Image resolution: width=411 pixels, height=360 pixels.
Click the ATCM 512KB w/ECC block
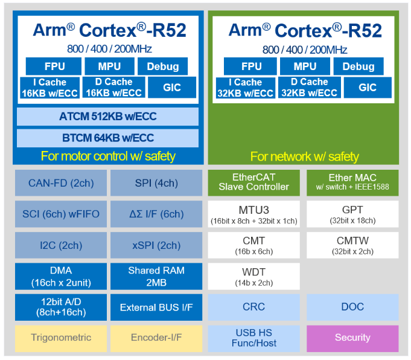pyautogui.click(x=107, y=117)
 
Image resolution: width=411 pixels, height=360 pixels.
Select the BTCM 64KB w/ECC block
pyautogui.click(x=107, y=138)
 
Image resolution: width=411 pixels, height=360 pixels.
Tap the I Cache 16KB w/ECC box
pyautogui.click(x=50, y=88)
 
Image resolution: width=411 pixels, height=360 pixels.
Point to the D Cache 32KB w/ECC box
pyautogui.click(x=309, y=88)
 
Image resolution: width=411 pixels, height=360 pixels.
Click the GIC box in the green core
pyautogui.click(x=368, y=88)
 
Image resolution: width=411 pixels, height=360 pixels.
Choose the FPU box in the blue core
pyautogui.click(x=54, y=66)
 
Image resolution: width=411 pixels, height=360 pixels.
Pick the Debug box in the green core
pyautogui.click(x=358, y=66)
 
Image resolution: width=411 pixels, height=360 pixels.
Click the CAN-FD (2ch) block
pyautogui.click(x=61, y=183)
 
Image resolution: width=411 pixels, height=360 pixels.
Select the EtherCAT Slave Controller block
pyautogui.click(x=253, y=183)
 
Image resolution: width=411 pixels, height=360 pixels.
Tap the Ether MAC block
pyautogui.click(x=352, y=183)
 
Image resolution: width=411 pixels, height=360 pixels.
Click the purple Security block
pyautogui.click(x=352, y=338)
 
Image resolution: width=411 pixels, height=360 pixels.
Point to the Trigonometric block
pyautogui.click(x=61, y=338)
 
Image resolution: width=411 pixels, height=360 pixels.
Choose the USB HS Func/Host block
pyautogui.click(x=253, y=338)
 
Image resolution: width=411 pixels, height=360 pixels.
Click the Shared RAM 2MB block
pyautogui.click(x=156, y=276)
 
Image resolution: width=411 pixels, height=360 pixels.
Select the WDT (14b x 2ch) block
pyautogui.click(x=253, y=276)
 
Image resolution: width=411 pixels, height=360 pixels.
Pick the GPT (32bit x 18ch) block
pyautogui.click(x=352, y=214)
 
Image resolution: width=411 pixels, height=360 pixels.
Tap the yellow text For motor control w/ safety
pyautogui.click(x=108, y=156)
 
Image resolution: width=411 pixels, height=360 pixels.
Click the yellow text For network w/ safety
pyautogui.click(x=304, y=156)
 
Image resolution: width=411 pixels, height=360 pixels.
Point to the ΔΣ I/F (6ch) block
pyautogui.click(x=156, y=214)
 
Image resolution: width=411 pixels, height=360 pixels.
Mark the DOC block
pyautogui.click(x=352, y=307)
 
